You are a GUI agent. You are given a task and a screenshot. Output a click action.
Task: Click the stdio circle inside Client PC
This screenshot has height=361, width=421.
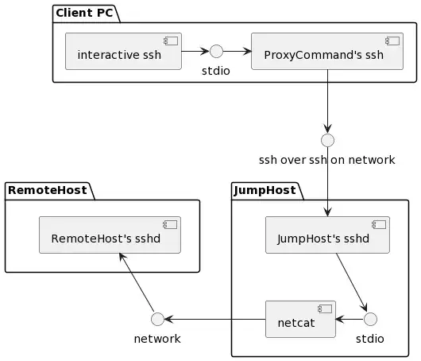pyautogui.click(x=215, y=52)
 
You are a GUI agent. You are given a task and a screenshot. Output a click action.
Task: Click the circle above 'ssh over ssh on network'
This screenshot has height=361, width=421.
pyautogui.click(x=326, y=139)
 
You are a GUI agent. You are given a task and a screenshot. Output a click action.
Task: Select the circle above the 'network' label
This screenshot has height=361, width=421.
pyautogui.click(x=156, y=320)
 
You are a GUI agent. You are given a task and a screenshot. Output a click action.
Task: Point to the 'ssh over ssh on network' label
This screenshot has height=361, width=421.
pyautogui.click(x=326, y=160)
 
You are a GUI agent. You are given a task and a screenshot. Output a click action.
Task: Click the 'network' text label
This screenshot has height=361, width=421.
pyautogui.click(x=156, y=339)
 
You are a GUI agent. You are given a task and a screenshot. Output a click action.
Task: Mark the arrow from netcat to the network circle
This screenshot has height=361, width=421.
pyautogui.click(x=214, y=320)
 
